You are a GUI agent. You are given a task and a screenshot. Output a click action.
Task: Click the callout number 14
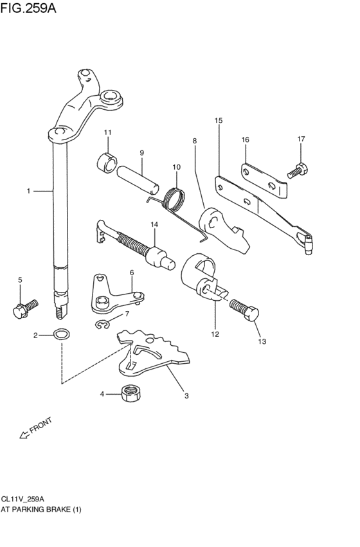click(154, 224)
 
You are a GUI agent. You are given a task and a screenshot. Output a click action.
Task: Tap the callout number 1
click(28, 191)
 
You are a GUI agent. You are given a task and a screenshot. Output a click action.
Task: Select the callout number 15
click(219, 120)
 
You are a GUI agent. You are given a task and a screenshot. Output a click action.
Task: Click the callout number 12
click(215, 334)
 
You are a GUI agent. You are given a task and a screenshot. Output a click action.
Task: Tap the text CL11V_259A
click(22, 498)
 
